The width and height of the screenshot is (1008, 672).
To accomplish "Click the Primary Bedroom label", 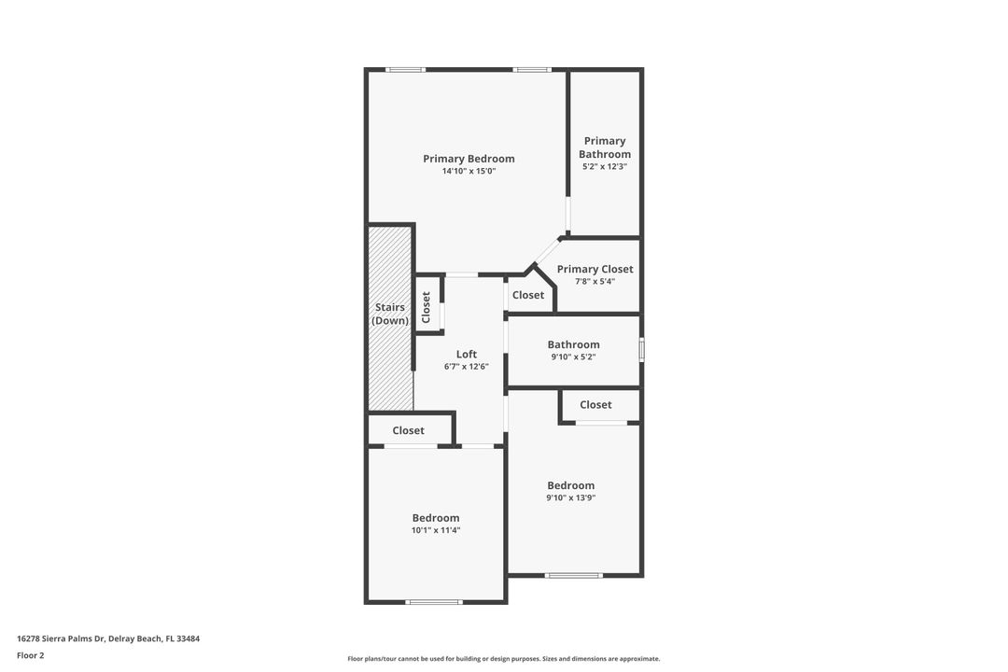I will point(469,159).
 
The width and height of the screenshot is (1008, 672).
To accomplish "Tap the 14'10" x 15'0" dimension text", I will point(469,172).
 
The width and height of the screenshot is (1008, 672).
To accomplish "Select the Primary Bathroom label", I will point(605,147).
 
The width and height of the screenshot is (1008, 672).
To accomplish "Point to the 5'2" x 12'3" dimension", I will point(605,167).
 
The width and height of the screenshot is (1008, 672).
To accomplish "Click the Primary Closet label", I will point(595,269).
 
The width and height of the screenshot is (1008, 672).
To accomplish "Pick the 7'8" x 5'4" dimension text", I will point(595,282).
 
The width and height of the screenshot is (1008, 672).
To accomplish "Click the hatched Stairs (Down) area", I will point(390,364).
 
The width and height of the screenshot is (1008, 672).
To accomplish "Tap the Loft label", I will point(467,354).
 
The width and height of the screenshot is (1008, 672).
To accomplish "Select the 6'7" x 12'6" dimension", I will point(467,367).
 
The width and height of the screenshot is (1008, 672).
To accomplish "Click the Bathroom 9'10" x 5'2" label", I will point(573,344).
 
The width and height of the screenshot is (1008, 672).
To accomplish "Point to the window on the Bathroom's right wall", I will point(641,349).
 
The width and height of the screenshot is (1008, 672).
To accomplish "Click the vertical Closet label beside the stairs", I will point(427,307).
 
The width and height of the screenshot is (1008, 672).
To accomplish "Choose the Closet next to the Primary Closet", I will point(528,295).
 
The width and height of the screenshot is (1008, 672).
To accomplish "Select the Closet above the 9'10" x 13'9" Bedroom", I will point(595,404).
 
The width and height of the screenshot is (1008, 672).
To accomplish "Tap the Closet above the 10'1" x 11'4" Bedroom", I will point(408,430).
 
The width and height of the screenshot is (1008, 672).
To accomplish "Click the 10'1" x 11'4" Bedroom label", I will point(436,518).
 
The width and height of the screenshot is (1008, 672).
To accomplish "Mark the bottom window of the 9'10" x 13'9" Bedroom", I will point(573,575).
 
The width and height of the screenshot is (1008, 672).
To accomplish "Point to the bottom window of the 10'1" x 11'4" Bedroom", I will point(434,602).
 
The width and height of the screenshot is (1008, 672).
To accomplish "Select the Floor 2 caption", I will point(31,656).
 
